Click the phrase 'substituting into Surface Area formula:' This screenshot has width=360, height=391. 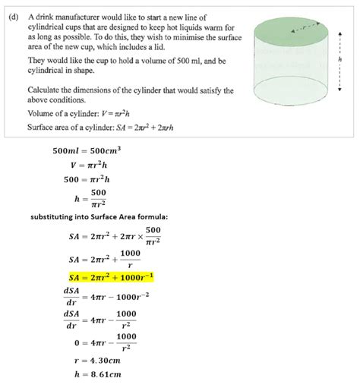pos(99,217)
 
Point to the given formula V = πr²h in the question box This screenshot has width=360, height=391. pos(99,114)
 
